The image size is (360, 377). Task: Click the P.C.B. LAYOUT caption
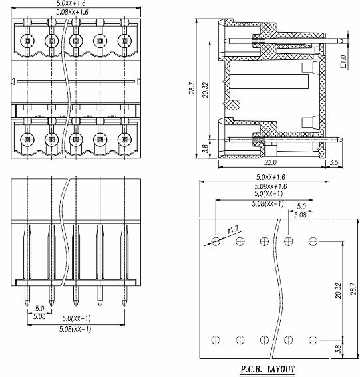pos(268,369)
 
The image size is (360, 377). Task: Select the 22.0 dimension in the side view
pos(270,162)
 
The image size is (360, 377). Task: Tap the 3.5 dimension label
pos(334,162)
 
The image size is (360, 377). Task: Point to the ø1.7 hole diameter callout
pos(232,230)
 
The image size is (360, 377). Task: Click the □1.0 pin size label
pos(343,61)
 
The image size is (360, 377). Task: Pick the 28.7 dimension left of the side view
pos(192,88)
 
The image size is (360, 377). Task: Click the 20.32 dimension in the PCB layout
pos(338,291)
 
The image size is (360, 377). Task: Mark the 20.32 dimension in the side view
pos(205,90)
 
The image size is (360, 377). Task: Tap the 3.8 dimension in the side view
pos(205,148)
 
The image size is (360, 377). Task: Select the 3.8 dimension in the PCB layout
pos(338,349)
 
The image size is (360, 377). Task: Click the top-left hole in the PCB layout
pos(216,241)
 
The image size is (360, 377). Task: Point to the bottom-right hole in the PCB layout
pos(313,340)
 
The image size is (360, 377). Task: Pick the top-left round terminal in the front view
pos(27,41)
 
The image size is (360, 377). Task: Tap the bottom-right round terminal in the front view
pos(124,140)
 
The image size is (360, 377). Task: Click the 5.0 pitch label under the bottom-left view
pos(40,309)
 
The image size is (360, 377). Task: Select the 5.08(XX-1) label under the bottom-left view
pos(75,329)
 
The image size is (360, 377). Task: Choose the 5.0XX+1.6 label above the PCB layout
pos(270,178)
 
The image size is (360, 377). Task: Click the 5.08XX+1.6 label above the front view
pos(72,12)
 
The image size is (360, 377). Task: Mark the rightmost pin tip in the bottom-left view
pos(124,305)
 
